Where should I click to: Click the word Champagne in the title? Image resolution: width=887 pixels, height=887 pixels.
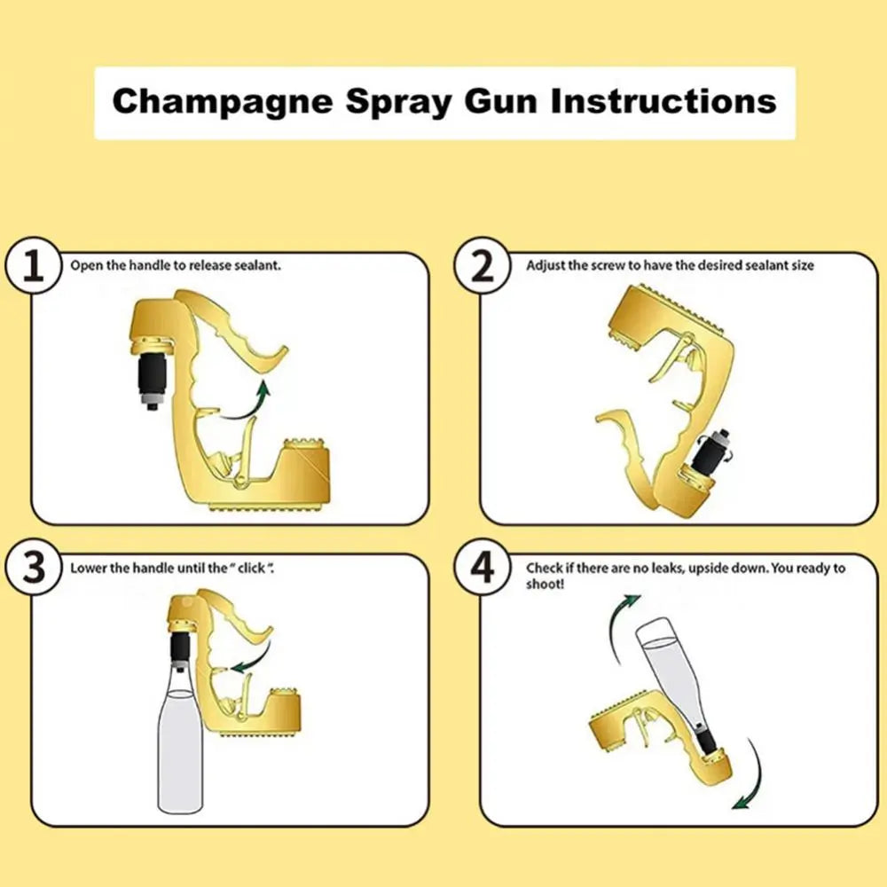point(223,103)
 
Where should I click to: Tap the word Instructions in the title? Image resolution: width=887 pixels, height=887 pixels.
point(663,101)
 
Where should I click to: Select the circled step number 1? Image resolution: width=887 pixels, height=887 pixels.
point(34,265)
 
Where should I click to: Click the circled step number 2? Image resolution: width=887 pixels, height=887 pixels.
point(482,265)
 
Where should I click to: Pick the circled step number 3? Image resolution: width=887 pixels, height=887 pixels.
point(34,568)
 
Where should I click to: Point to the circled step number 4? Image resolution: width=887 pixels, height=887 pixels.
point(482,568)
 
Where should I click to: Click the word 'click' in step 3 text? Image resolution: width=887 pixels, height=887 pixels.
point(251,568)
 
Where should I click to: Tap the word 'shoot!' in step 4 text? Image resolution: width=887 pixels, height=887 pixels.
point(545,584)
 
